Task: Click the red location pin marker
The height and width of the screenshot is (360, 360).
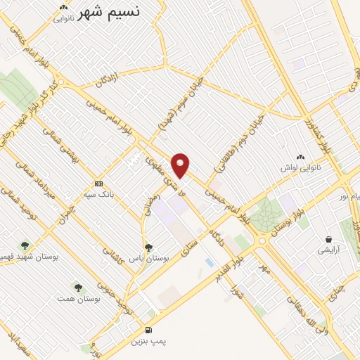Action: [x=181, y=165]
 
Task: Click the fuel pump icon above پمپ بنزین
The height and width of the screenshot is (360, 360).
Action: [x=148, y=329]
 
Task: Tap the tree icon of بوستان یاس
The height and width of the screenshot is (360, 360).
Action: [x=148, y=247]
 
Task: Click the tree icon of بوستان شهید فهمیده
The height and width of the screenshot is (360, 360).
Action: [x=25, y=245]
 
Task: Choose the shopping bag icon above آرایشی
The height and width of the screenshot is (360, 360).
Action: [x=328, y=239]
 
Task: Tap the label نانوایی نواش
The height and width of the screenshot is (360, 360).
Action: [x=301, y=168]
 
